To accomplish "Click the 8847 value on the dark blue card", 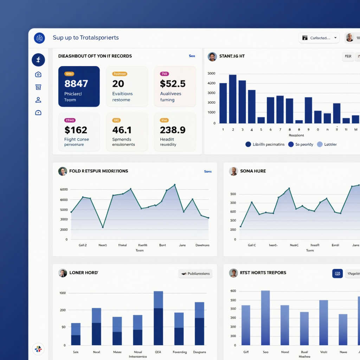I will pyautogui.click(x=76, y=84).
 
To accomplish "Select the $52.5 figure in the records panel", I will pyautogui.click(x=172, y=84).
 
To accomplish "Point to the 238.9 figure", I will pyautogui.click(x=172, y=130).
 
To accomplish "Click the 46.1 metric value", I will pyautogui.click(x=122, y=130).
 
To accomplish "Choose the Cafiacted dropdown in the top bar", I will pyautogui.click(x=319, y=38).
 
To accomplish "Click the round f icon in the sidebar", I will pyautogui.click(x=38, y=60).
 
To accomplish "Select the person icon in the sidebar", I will pyautogui.click(x=38, y=100).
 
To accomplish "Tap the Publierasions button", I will pyautogui.click(x=195, y=274).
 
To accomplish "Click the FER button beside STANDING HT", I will pyautogui.click(x=348, y=56).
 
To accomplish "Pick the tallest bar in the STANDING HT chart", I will pyautogui.click(x=233, y=99).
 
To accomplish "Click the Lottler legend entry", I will pyautogui.click(x=327, y=144).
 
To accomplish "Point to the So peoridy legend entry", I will pyautogui.click(x=301, y=144).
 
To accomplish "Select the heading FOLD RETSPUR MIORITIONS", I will pyautogui.click(x=98, y=171).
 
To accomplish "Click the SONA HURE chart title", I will pyautogui.click(x=253, y=171).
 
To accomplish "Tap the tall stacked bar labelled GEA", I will pyautogui.click(x=158, y=318).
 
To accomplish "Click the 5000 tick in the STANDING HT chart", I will pyautogui.click(x=212, y=73).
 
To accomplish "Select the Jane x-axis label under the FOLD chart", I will pyautogui.click(x=182, y=245).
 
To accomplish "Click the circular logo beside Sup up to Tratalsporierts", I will pyautogui.click(x=39, y=38).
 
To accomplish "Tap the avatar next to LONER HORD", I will pyautogui.click(x=63, y=273).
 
